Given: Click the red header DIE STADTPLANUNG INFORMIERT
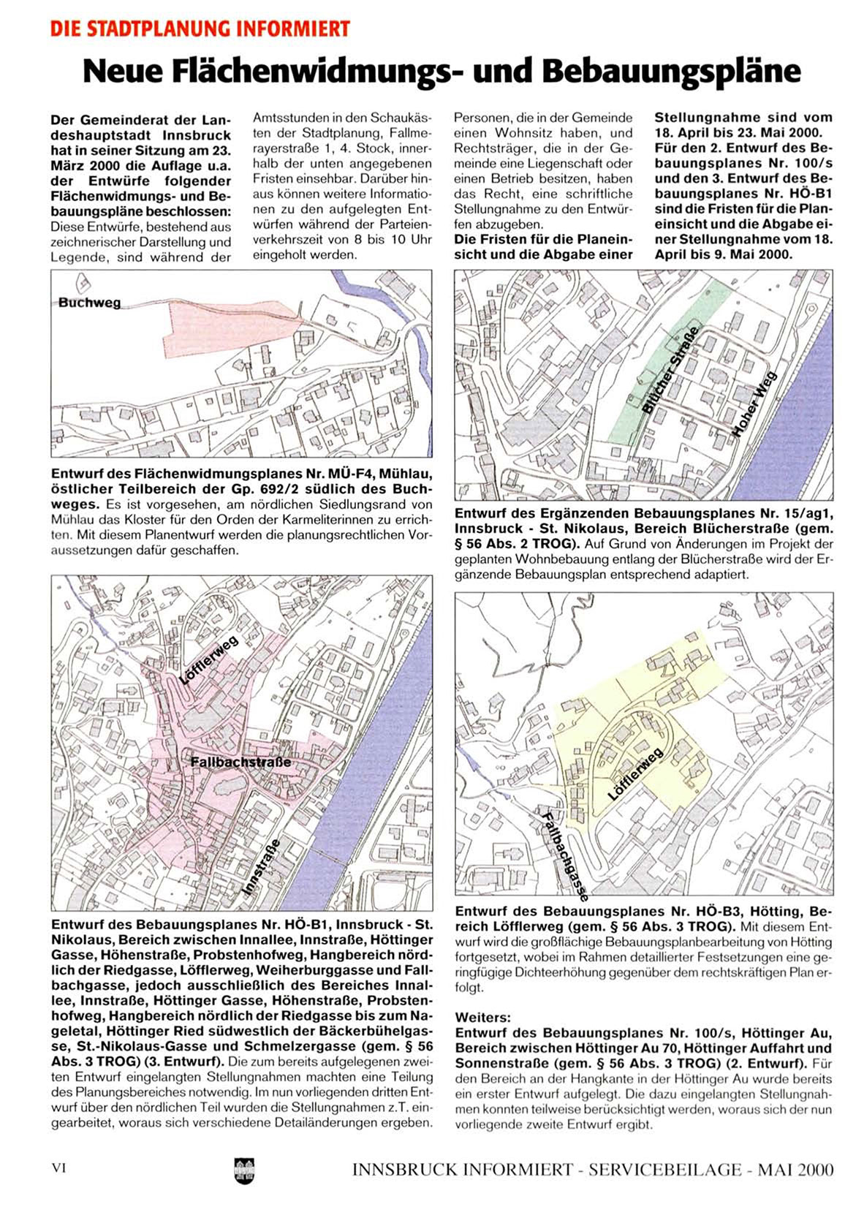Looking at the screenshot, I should [200, 29].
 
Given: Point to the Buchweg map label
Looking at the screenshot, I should [89, 303].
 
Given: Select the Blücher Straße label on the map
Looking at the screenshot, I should [670, 371].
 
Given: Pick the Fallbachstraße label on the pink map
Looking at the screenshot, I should [240, 763].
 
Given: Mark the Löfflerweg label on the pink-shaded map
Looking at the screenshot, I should [210, 660].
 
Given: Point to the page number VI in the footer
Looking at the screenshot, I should [59, 1168].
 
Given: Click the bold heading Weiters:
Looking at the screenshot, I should [483, 1017].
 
